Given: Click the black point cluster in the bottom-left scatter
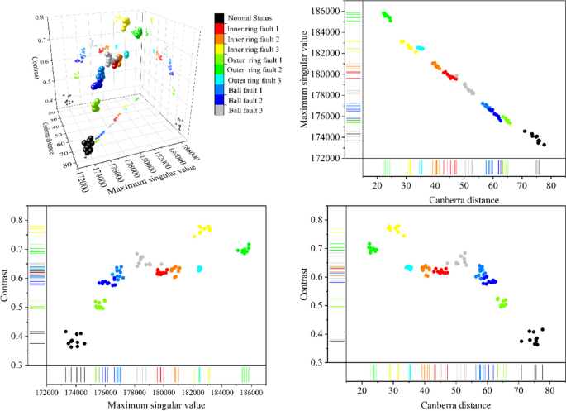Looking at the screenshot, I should [x=76, y=339].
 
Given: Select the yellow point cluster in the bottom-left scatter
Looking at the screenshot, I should [x=202, y=229].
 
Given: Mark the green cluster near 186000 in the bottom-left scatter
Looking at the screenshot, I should [x=244, y=249].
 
